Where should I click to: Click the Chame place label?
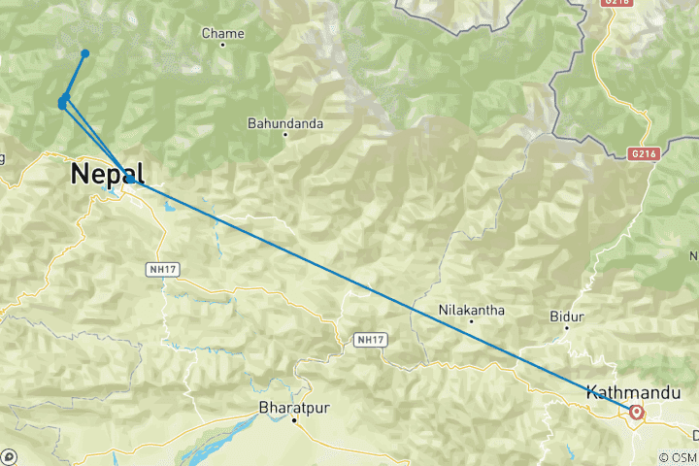coord(222,33)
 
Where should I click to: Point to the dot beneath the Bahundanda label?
coord(284,134)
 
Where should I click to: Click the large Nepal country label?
coord(107,175)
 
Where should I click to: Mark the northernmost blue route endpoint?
coord(85,52)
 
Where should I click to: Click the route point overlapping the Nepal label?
coord(129,180)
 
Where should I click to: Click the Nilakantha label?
coord(471,310)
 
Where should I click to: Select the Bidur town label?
coord(565,316)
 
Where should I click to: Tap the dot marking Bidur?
coord(566,328)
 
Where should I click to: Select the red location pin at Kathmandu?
coord(637,412)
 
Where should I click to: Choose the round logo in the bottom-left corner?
coord(8,457)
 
